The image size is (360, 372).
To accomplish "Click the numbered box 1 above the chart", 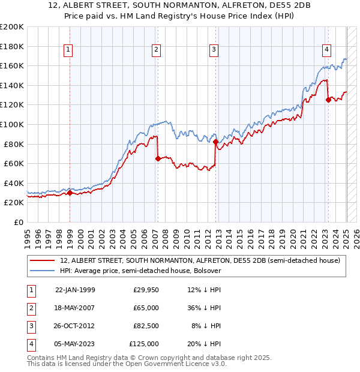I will pyautogui.click(x=69, y=50).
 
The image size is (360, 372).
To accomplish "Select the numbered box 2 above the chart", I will pyautogui.click(x=156, y=50).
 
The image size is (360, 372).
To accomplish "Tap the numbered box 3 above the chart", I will pyautogui.click(x=214, y=50).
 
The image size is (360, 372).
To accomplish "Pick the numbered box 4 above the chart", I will pyautogui.click(x=326, y=50).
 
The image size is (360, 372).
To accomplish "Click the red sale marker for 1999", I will pyautogui.click(x=70, y=193).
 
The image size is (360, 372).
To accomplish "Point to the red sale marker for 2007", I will pyautogui.click(x=158, y=158).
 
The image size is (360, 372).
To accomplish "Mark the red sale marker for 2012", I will pyautogui.click(x=215, y=142).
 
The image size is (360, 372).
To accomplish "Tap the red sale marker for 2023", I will pyautogui.click(x=328, y=100).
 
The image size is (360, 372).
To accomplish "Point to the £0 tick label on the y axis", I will pyautogui.click(x=19, y=222).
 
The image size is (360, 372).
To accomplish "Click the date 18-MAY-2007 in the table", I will pyautogui.click(x=75, y=308).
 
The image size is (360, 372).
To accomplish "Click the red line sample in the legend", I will pyautogui.click(x=43, y=260).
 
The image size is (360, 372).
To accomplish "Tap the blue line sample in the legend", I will pyautogui.click(x=43, y=271).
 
